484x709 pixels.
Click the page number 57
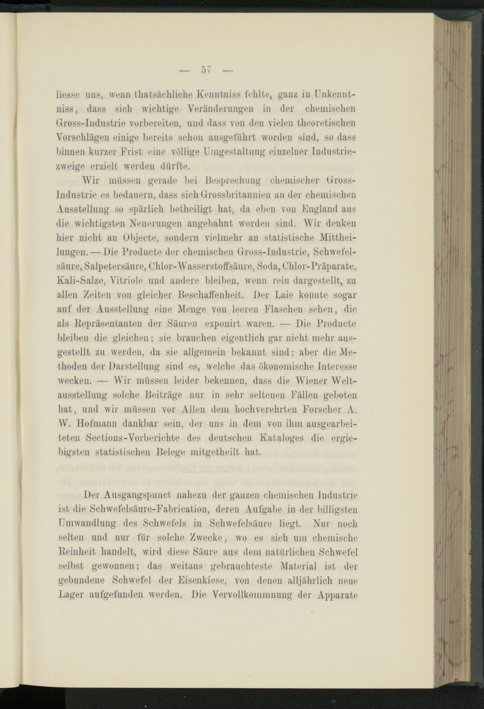tap(206, 70)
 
